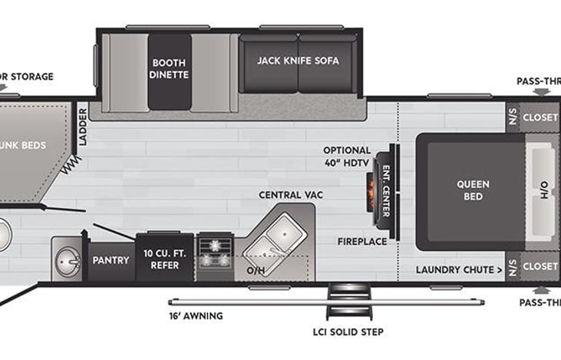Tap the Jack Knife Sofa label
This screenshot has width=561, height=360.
pyautogui.click(x=298, y=60)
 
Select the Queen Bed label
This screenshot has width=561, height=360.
pyautogui.click(x=473, y=190)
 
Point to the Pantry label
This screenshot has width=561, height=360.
pyautogui.click(x=111, y=260)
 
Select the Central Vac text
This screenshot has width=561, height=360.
pyautogui.click(x=290, y=195)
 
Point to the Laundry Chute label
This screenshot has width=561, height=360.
pyautogui.click(x=459, y=269)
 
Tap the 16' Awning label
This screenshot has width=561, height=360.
pyautogui.click(x=196, y=315)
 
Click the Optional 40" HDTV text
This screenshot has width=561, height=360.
pyautogui.click(x=347, y=156)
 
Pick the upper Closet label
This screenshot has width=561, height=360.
pyautogui.click(x=540, y=118)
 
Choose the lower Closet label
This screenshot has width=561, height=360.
pyautogui.click(x=540, y=266)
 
